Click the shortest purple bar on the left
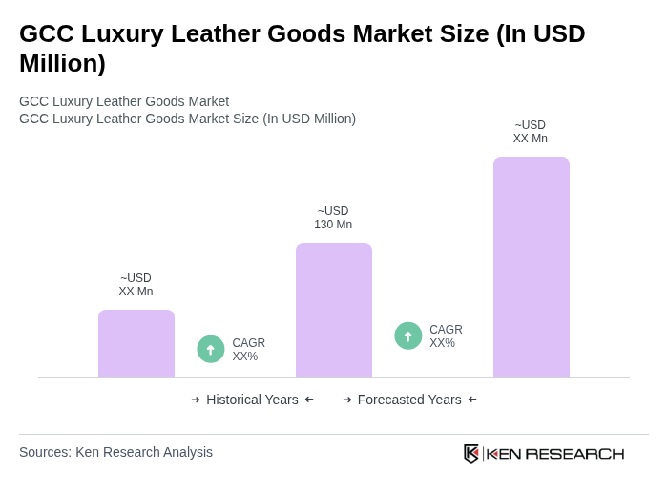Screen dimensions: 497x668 pos(136,343)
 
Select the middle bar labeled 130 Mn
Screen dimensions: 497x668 pos(333,310)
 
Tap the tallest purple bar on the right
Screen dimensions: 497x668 pos(531,267)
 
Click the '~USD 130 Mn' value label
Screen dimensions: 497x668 pos(333,218)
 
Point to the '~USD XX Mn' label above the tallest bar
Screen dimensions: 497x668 pos(531,132)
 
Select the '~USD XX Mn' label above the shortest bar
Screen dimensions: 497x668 pos(136,285)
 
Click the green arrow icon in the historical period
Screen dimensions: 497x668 pos(211,349)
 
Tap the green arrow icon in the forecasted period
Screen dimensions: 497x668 pos(408,335)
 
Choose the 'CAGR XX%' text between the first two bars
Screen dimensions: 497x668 pos(248,350)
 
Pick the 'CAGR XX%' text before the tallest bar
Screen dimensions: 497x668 pos(446,336)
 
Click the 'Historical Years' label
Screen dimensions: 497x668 pos(252,400)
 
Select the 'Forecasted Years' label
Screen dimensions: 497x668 pos(409,400)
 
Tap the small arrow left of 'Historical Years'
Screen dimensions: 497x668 pos(196,400)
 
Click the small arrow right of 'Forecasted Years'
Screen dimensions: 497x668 pos(472,400)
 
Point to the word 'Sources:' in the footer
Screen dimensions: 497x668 pos(45,452)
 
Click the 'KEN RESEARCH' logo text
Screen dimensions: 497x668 pos(555,454)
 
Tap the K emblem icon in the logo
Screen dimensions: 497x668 pos(471,453)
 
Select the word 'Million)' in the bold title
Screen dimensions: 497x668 pos(62,63)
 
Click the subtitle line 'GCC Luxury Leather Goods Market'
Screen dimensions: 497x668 pos(124,101)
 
